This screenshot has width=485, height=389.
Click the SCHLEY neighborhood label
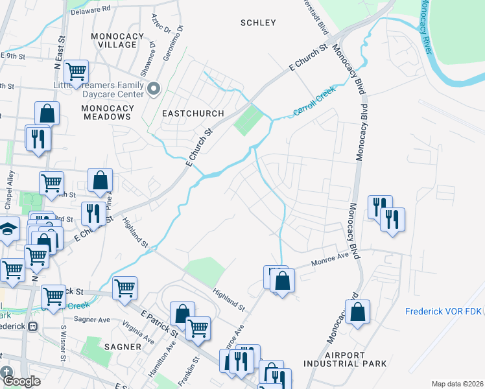258,23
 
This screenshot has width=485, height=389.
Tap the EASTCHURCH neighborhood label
187,113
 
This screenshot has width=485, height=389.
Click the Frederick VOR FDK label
444,311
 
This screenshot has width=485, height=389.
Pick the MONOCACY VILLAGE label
114,40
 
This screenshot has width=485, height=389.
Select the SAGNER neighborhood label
123,347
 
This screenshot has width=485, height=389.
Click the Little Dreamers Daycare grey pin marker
154,88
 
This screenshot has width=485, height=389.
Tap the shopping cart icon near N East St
77,71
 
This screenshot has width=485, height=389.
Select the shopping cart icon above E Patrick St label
124,287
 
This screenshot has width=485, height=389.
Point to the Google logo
22,381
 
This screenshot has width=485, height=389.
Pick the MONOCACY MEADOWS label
107,112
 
